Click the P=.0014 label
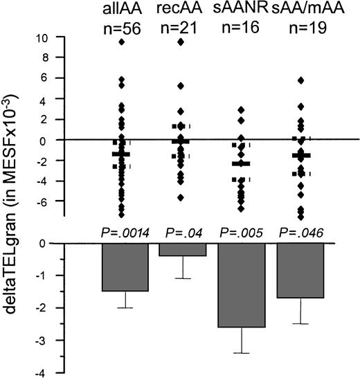coord(125,234)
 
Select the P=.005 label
coord(241,234)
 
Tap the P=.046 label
coord(300,234)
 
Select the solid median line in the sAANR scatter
coord(241,164)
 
